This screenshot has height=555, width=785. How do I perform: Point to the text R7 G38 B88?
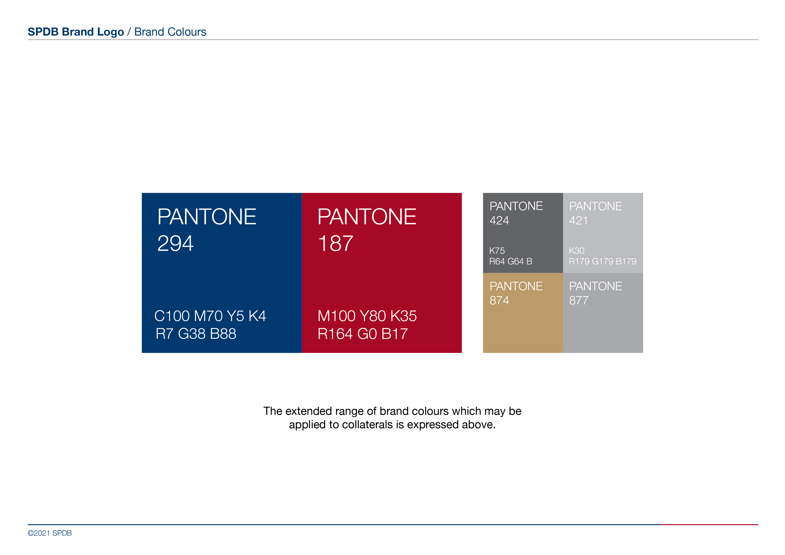click(196, 334)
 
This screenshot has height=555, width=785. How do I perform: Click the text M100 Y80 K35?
click(367, 316)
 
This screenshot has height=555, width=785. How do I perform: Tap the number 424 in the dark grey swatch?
click(499, 220)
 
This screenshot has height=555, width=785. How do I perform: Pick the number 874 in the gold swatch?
click(499, 300)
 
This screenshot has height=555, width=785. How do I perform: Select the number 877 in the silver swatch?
click(579, 300)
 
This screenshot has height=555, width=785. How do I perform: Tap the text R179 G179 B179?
click(603, 261)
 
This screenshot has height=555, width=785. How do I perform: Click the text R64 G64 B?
click(511, 261)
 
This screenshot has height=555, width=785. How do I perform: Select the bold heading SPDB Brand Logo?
click(76, 32)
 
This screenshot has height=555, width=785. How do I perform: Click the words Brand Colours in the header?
click(170, 32)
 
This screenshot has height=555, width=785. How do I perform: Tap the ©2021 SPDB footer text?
click(50, 533)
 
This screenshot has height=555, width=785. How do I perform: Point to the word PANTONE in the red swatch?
click(367, 217)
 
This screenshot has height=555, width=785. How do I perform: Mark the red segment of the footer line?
click(709, 525)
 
